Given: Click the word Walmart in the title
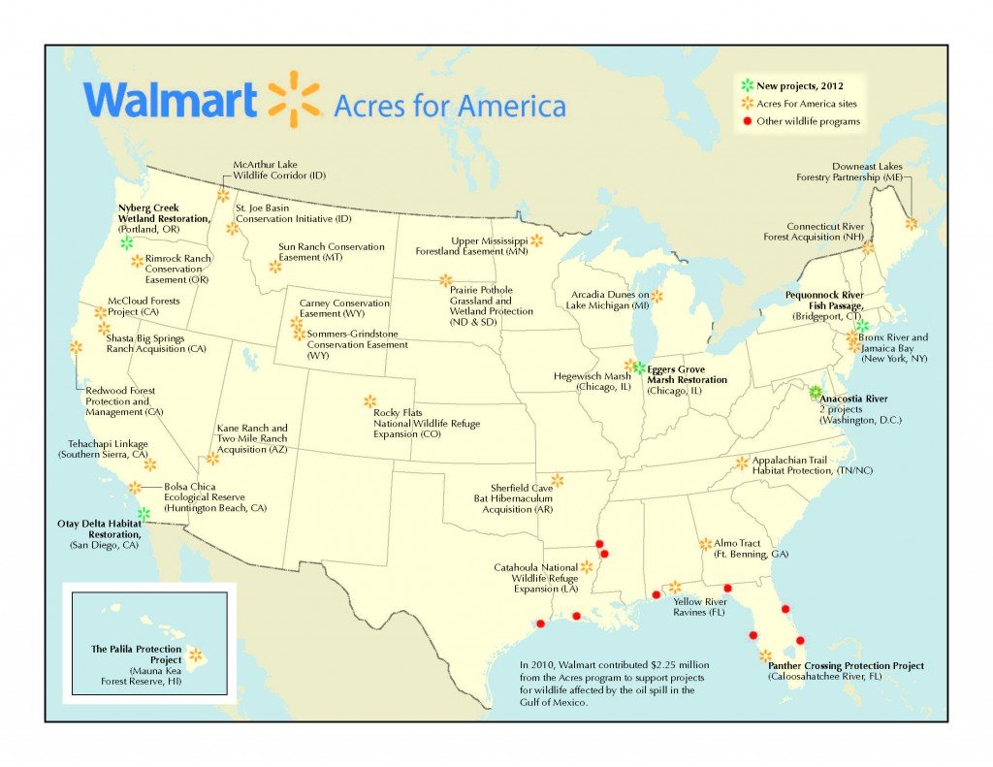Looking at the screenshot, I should (x=170, y=100).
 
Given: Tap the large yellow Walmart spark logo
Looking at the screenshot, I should (x=293, y=99).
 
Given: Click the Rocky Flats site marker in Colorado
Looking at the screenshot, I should (x=369, y=400).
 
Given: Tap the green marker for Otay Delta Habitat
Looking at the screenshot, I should (x=144, y=513).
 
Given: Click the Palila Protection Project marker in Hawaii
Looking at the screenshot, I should (x=195, y=655).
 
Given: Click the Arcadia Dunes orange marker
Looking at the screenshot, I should (x=657, y=295).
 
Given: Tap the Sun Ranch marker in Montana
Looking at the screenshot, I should (x=275, y=266).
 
